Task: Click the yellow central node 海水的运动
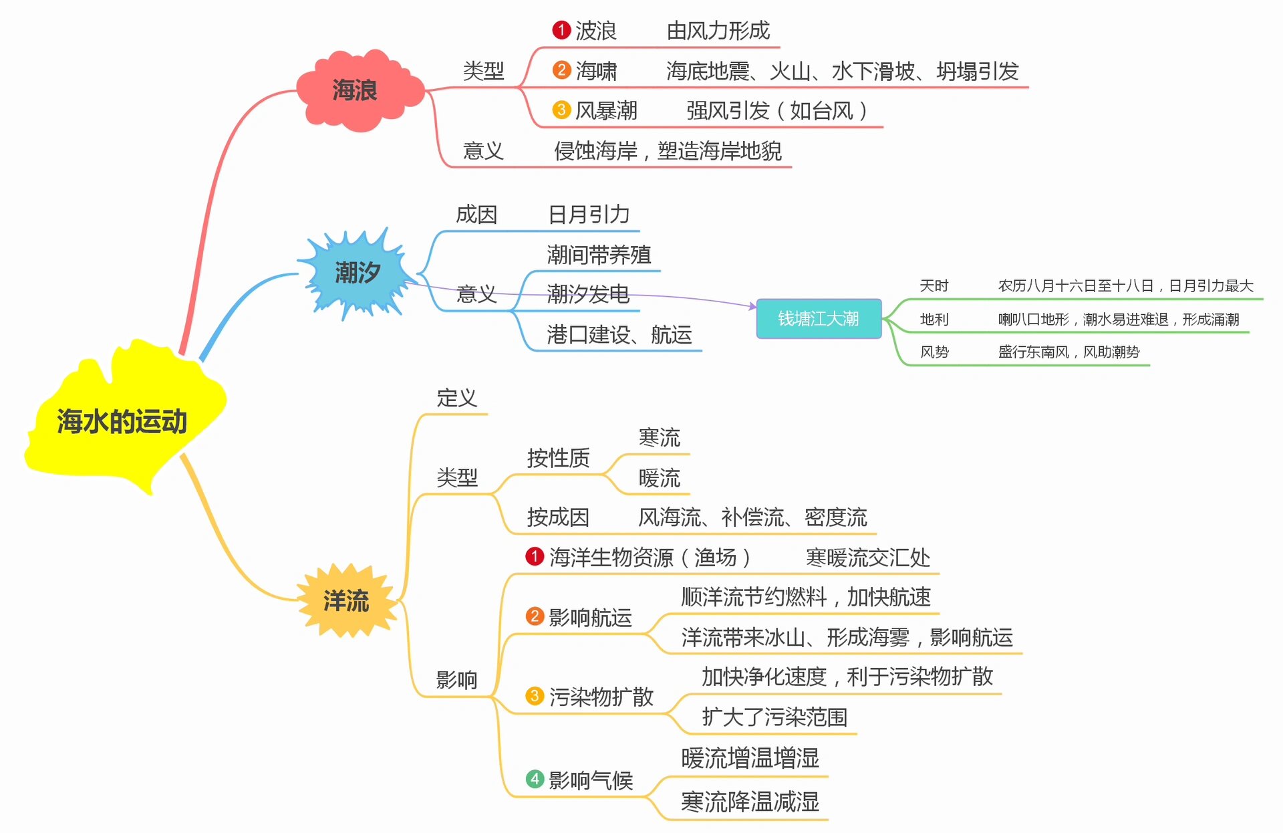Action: click(122, 421)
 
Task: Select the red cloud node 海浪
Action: click(355, 90)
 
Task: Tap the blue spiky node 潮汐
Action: click(358, 273)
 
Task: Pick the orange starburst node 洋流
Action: click(346, 601)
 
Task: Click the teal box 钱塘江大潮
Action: click(818, 319)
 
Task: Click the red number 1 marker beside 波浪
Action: click(561, 30)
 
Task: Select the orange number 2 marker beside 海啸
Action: click(561, 70)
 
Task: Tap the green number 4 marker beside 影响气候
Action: click(535, 779)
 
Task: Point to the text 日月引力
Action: click(589, 214)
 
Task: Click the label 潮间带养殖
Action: click(599, 254)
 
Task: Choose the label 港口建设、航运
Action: click(619, 334)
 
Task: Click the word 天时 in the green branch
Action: click(934, 286)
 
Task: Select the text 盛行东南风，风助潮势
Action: click(1068, 352)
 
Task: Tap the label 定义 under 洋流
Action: click(456, 398)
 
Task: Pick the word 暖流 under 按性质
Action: click(659, 478)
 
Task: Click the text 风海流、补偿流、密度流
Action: click(752, 517)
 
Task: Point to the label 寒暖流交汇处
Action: click(867, 557)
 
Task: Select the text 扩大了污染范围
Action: click(774, 717)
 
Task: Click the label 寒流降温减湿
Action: click(750, 802)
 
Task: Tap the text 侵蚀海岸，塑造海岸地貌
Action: click(668, 151)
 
